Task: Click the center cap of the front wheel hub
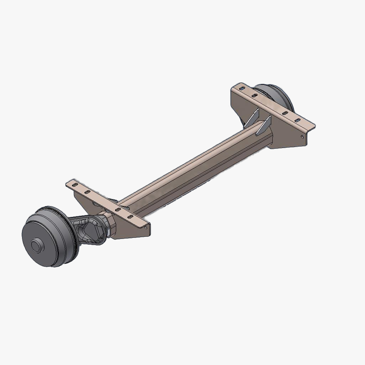tap(36, 246)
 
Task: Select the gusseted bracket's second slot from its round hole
tap(285, 113)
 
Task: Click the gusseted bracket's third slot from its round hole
tap(255, 95)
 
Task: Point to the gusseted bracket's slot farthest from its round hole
tap(242, 88)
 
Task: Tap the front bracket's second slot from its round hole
tap(117, 210)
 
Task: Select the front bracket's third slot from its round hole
tap(87, 192)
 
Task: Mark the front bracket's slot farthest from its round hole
tap(75, 185)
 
